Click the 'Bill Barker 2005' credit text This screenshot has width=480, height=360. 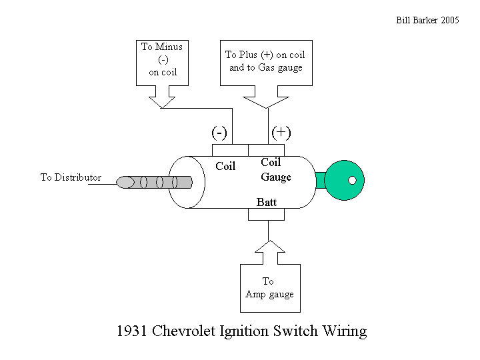pos(428,20)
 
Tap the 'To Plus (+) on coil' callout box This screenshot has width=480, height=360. pos(265,62)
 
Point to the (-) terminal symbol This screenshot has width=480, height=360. pos(219,133)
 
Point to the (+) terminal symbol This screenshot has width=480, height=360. pos(281,133)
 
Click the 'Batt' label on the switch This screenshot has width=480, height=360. pos(267,201)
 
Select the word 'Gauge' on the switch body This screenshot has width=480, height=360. pos(276,177)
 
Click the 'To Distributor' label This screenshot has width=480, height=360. pos(71,177)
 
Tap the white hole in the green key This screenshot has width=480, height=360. pos(353,180)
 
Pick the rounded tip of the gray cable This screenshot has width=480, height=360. pos(123,182)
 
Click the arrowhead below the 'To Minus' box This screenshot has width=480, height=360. pos(161,103)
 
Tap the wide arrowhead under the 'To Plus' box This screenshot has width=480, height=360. pos(266,101)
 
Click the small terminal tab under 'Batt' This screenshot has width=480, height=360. pos(268,214)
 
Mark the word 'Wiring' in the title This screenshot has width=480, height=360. pos(344,331)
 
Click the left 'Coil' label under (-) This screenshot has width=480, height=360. pos(225,167)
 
